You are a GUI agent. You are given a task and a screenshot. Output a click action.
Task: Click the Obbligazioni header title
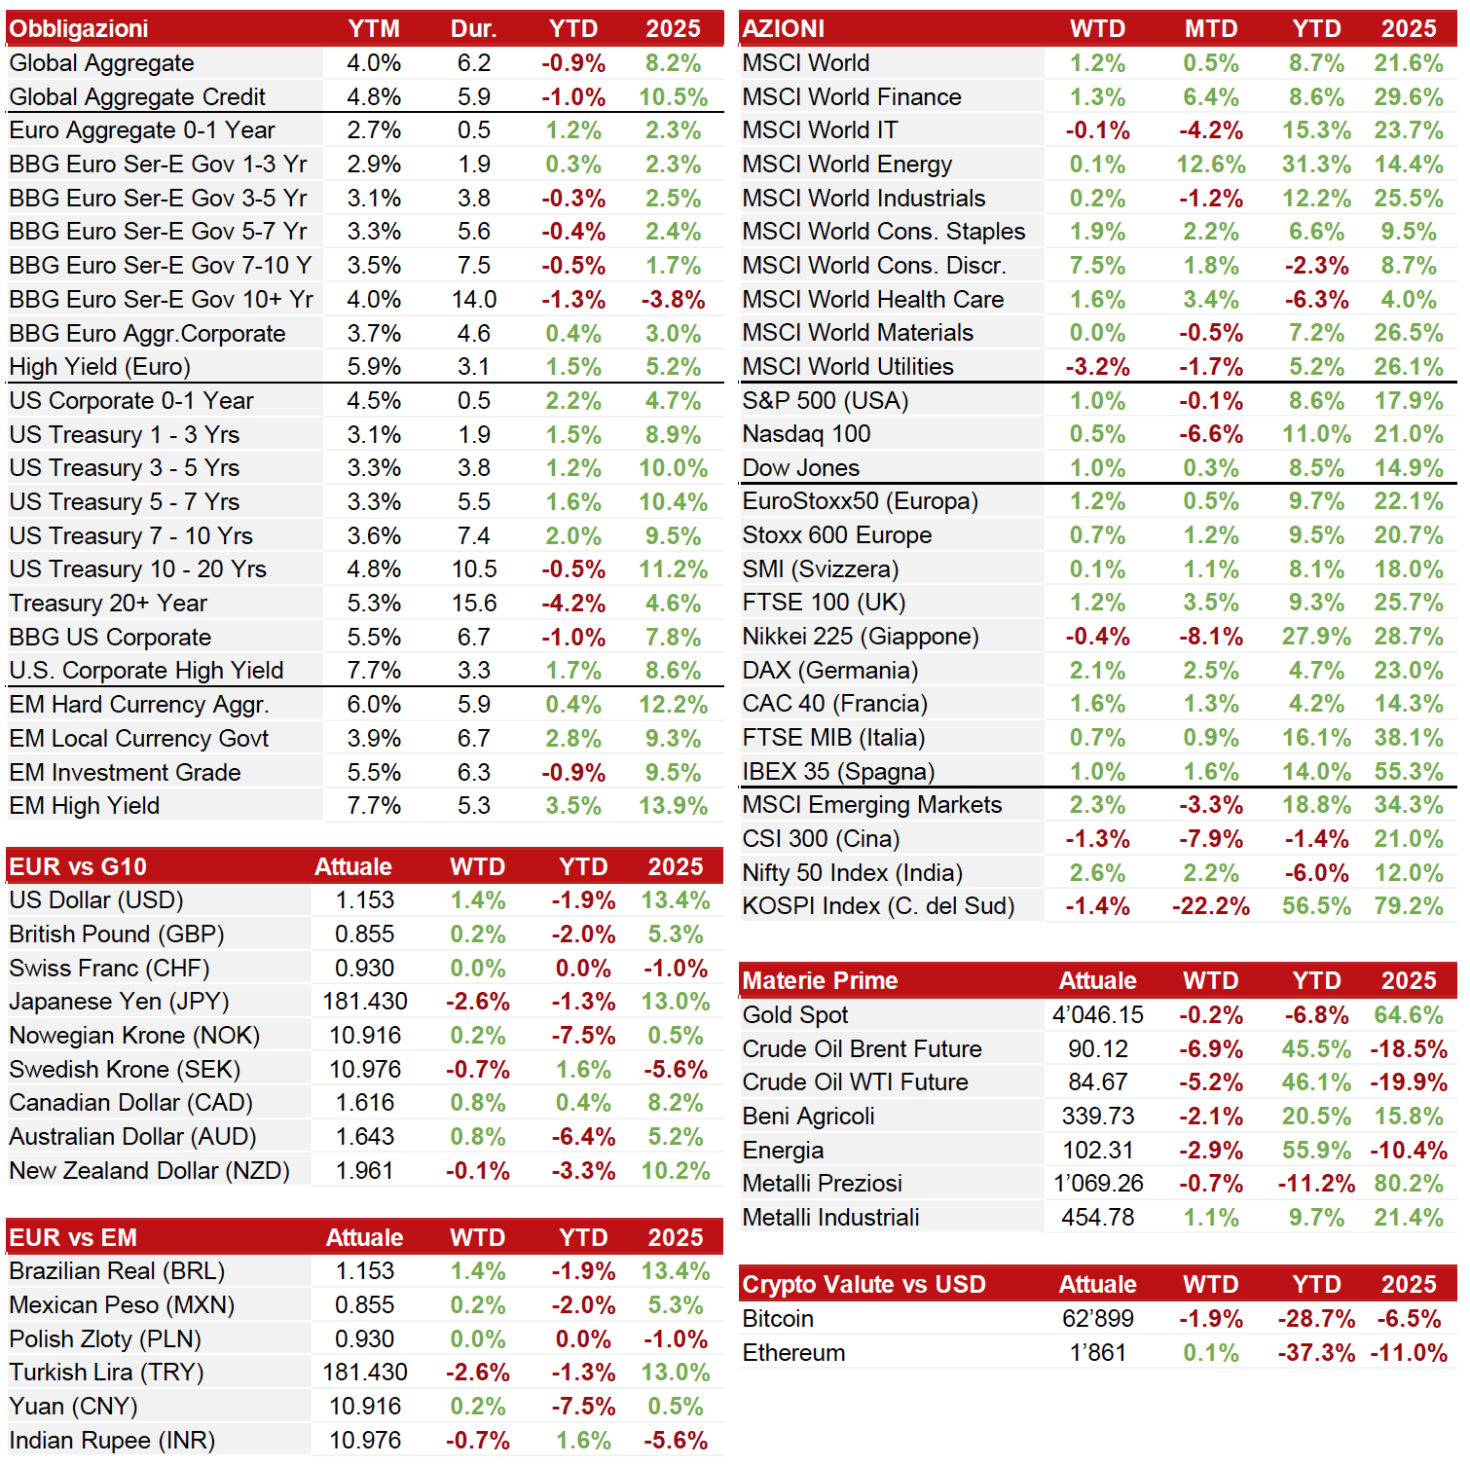pyautogui.click(x=79, y=29)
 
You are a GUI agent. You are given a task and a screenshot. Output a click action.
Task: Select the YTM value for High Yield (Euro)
pyautogui.click(x=374, y=367)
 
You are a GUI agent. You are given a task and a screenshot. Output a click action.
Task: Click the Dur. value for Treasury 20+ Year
pyautogui.click(x=474, y=604)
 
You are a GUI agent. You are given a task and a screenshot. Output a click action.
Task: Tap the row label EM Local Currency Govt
pyautogui.click(x=139, y=739)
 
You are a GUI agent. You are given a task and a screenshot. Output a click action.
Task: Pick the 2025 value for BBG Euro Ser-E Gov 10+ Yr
pyautogui.click(x=673, y=300)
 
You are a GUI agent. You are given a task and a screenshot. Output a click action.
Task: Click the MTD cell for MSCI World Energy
pyautogui.click(x=1211, y=165)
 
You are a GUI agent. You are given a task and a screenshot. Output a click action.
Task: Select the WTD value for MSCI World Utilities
pyautogui.click(x=1097, y=367)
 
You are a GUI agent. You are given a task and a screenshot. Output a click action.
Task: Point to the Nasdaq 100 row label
pyautogui.click(x=806, y=434)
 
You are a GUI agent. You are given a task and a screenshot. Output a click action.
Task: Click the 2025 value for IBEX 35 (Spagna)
pyautogui.click(x=1409, y=772)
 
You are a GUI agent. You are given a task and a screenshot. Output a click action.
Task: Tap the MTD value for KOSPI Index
pyautogui.click(x=1211, y=906)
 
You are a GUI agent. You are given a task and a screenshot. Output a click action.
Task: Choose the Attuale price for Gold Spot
pyautogui.click(x=1097, y=1015)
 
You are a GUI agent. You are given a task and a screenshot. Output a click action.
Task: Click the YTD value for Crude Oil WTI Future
pyautogui.click(x=1316, y=1082)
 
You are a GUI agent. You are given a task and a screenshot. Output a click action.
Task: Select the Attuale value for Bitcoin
pyautogui.click(x=1097, y=1319)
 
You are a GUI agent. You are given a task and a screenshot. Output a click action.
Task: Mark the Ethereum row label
pyautogui.click(x=793, y=1353)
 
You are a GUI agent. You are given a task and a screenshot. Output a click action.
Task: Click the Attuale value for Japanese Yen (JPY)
pyautogui.click(x=365, y=1002)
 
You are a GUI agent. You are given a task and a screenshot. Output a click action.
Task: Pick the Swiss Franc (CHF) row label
pyautogui.click(x=109, y=969)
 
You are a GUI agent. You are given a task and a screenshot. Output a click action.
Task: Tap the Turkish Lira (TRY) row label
pyautogui.click(x=106, y=1373)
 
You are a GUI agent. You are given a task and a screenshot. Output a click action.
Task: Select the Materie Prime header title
pyautogui.click(x=820, y=981)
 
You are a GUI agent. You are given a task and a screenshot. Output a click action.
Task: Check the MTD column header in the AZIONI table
pyautogui.click(x=1211, y=29)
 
